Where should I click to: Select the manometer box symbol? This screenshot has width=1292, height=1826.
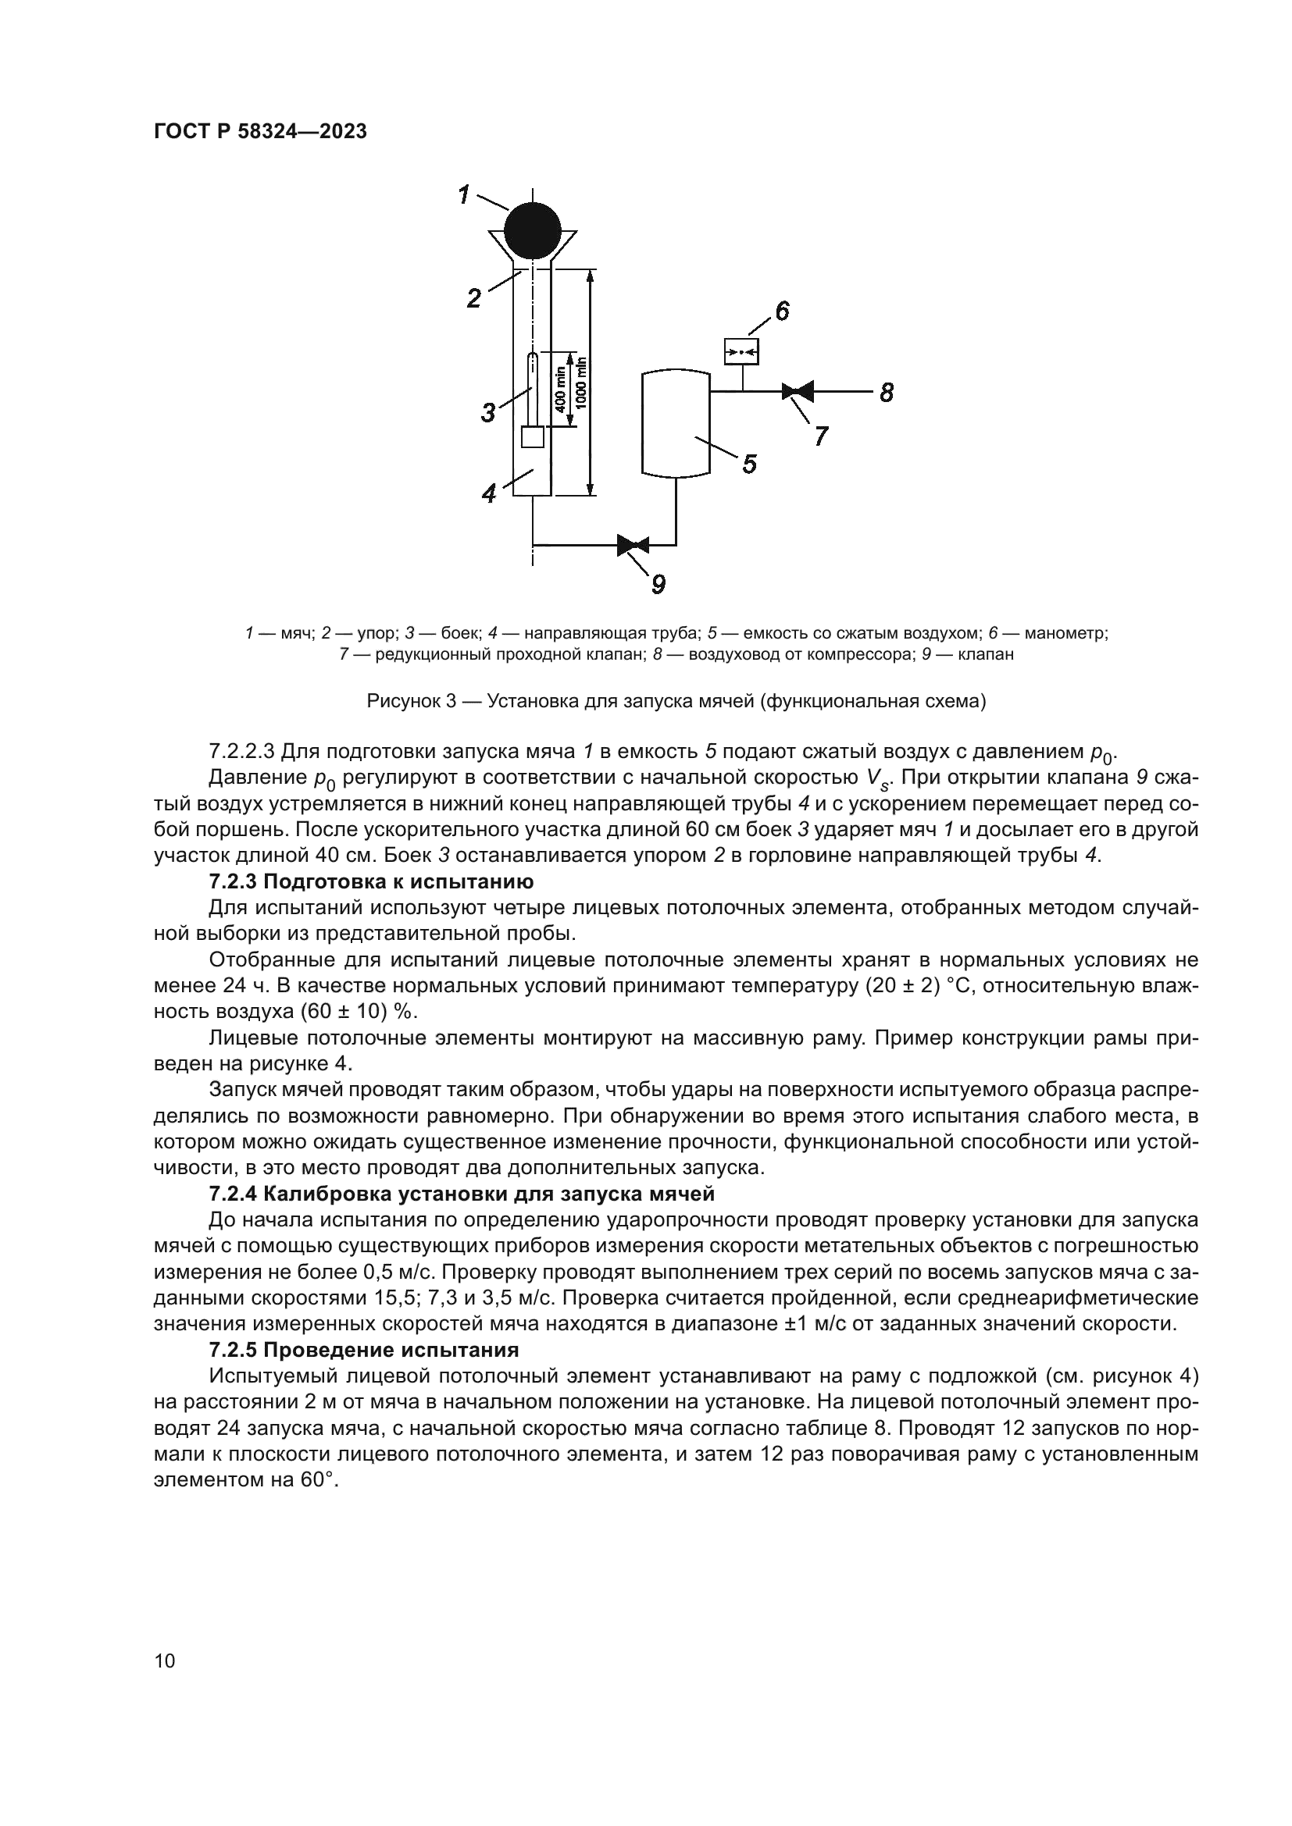(741, 351)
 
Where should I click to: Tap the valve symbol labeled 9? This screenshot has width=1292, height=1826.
(633, 545)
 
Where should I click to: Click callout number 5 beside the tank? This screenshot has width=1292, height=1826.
(748, 464)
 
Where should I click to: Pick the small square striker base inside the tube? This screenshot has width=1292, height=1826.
(531, 437)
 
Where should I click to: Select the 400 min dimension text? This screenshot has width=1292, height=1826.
(560, 390)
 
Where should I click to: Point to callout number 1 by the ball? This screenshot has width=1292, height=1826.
(465, 194)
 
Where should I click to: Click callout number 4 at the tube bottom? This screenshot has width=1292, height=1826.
(489, 494)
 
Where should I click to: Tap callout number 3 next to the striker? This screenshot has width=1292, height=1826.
(488, 412)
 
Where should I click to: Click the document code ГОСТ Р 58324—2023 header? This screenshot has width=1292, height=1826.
(260, 132)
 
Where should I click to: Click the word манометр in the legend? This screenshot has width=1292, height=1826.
(1065, 633)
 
